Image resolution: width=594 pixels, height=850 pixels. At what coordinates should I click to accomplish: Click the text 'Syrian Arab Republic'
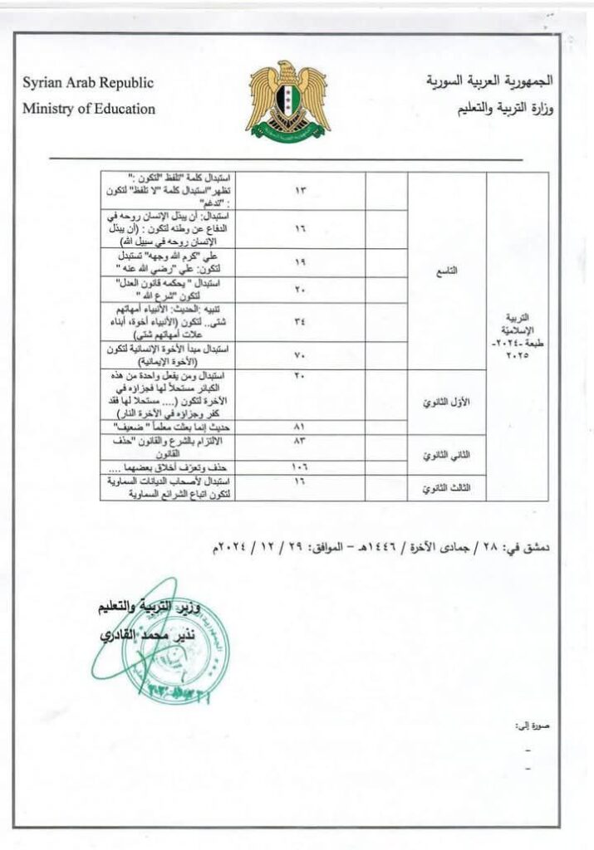[x=88, y=84]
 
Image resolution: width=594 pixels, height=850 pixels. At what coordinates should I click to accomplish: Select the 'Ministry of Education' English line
[x=89, y=108]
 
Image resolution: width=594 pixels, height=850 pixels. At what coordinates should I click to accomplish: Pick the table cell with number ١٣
[x=301, y=191]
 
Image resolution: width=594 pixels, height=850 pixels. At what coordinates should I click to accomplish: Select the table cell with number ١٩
[x=301, y=261]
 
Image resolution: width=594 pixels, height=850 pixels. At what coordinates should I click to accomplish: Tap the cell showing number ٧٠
[x=301, y=355]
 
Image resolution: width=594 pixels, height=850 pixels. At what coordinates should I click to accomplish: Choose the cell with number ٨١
[x=301, y=427]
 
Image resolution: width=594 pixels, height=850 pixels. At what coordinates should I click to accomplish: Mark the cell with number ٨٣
[x=301, y=441]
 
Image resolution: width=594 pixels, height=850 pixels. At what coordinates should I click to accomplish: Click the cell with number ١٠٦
[x=301, y=468]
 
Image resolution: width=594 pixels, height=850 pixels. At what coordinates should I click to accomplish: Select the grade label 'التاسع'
[x=446, y=271]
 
